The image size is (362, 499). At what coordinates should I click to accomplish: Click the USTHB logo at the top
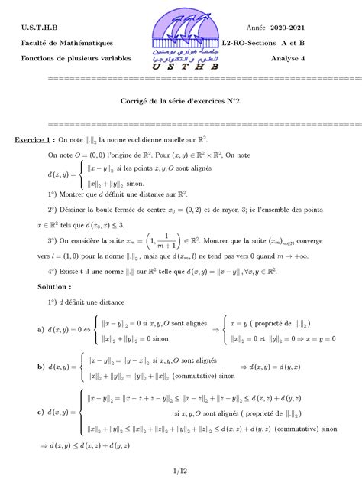[x=183, y=39]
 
